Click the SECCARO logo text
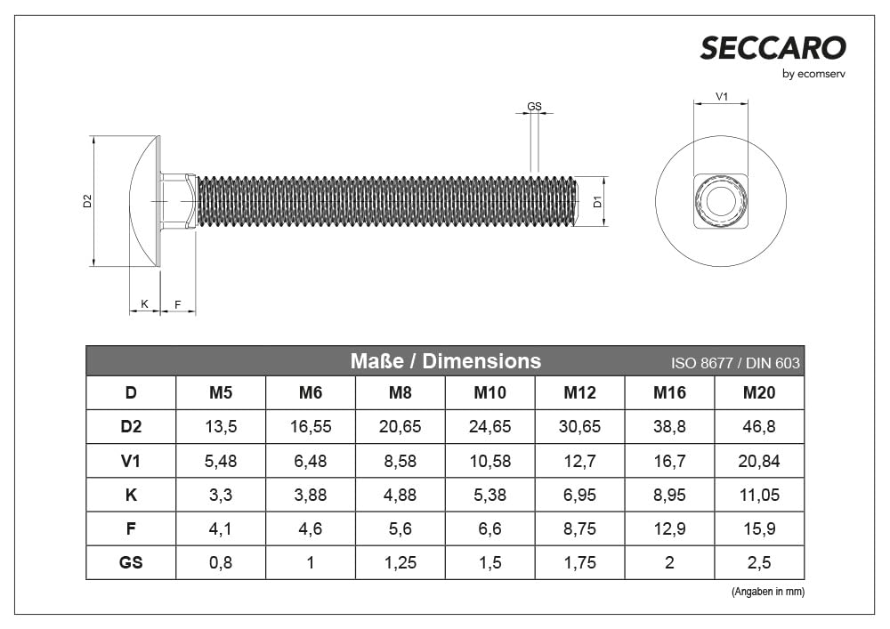(x=772, y=48)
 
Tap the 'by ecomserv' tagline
(x=813, y=75)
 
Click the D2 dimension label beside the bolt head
(x=87, y=201)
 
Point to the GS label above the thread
(x=534, y=107)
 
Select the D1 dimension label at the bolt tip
(x=598, y=202)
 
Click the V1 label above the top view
(x=722, y=96)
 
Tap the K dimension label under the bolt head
(x=144, y=305)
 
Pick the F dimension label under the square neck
(x=178, y=305)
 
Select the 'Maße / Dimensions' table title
(x=445, y=361)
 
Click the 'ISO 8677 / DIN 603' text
(x=734, y=363)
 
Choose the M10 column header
(x=489, y=392)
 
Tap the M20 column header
(x=758, y=392)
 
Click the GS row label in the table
(x=131, y=562)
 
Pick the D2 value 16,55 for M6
(x=311, y=427)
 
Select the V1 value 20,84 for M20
(x=758, y=461)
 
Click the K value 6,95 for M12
(x=579, y=495)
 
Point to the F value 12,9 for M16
(x=669, y=528)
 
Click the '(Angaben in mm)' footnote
(x=767, y=592)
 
